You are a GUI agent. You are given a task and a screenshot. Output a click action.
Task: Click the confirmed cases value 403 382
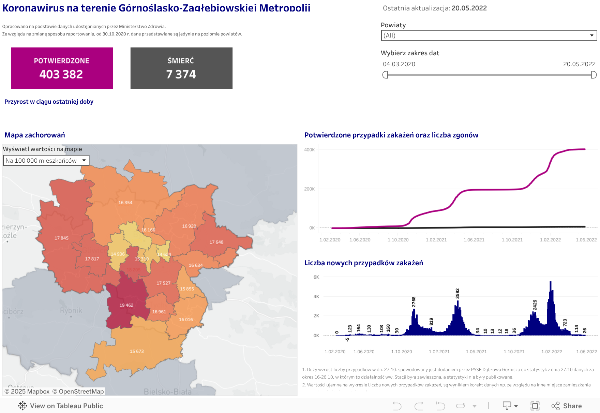point(61,74)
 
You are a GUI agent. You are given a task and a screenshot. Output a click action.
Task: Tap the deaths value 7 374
point(181,74)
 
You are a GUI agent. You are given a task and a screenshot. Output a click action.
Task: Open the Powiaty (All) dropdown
point(489,35)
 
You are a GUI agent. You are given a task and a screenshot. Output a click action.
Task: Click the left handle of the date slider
point(385,75)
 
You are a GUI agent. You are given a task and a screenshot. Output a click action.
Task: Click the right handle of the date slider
point(594,75)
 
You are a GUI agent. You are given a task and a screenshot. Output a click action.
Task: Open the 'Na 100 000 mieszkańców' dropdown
point(46,161)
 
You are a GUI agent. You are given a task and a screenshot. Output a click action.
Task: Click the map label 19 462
point(126,305)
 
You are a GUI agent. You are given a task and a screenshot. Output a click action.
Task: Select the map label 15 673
point(136,351)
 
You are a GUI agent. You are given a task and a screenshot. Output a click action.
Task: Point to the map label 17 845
point(61,238)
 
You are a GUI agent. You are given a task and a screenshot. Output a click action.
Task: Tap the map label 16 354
point(125,203)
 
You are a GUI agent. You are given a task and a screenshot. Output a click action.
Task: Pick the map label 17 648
point(216,242)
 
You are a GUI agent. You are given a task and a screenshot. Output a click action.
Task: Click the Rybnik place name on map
point(71,311)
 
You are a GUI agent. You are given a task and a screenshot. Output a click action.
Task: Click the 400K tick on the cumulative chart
point(309,150)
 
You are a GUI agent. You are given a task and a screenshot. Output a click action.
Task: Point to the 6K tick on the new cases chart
point(316,277)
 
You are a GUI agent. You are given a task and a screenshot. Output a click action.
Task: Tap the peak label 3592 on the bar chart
point(457,294)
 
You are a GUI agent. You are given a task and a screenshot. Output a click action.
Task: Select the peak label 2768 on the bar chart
point(414,302)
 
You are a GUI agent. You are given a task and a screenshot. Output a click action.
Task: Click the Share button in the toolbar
point(567,406)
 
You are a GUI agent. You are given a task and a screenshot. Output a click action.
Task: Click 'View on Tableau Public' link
point(61,406)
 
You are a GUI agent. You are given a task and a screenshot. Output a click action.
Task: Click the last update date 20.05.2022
point(469,8)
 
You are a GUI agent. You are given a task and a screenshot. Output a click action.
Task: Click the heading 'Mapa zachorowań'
point(35,135)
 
